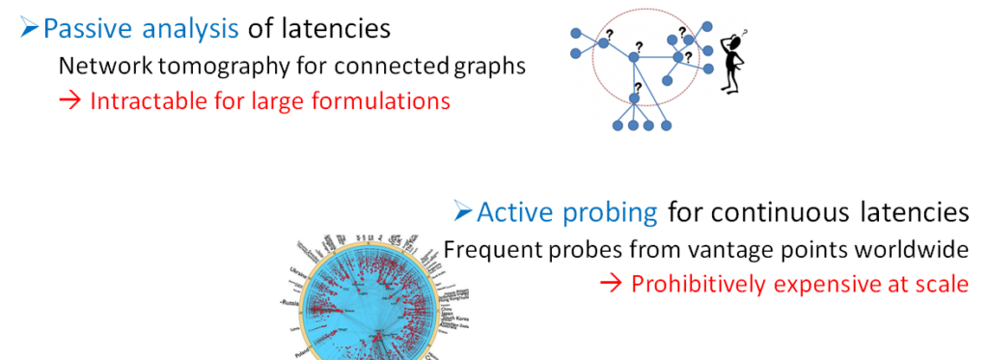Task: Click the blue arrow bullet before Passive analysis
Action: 29,29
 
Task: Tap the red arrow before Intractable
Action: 69,100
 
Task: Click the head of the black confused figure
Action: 736,47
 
